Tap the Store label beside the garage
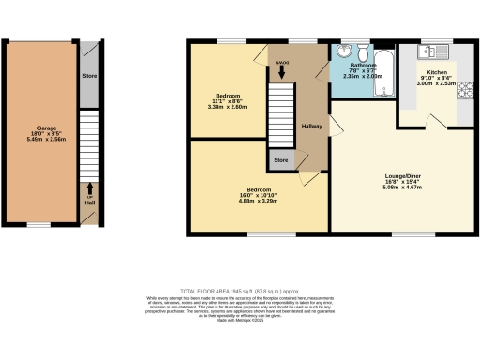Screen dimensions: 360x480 tap(90, 76)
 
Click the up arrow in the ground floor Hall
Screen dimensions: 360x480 tap(90, 189)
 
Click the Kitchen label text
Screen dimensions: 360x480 tap(437, 71)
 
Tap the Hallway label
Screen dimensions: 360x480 tap(312, 125)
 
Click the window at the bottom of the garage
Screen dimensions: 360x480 tap(38, 224)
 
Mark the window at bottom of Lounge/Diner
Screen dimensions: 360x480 tap(405, 232)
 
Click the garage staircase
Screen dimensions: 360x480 tap(90, 141)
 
